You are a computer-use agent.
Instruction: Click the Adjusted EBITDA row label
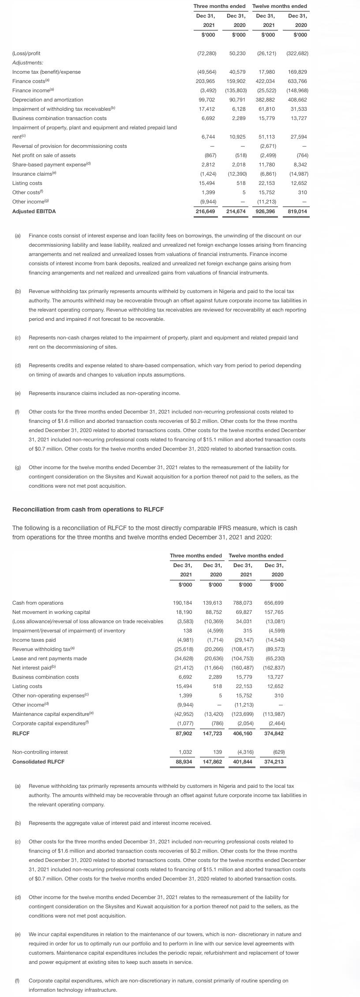point(34,211)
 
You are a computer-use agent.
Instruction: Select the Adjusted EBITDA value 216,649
point(205,211)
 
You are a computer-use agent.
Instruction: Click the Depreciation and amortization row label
point(48,100)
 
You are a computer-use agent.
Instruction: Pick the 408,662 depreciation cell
point(297,100)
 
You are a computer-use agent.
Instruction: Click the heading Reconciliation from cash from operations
point(88,509)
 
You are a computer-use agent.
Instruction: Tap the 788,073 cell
point(242,603)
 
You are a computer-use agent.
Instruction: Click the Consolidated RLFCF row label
point(38,761)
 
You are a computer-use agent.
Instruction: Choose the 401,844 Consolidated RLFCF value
point(242,761)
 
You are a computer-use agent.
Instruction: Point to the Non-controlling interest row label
point(40,752)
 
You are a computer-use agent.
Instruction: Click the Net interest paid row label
point(31,668)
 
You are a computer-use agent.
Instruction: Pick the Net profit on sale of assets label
point(44,155)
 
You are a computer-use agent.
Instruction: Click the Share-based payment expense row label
point(51,165)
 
